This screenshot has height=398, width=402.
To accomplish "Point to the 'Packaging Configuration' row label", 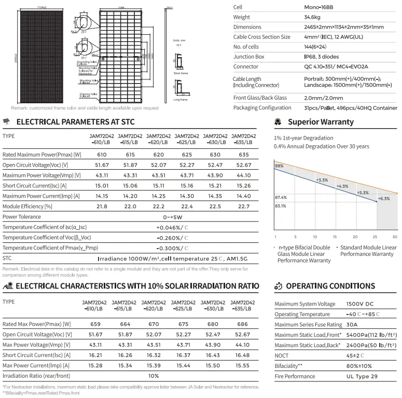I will [x=262, y=107].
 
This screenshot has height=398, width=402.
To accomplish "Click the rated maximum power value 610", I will [x=102, y=155].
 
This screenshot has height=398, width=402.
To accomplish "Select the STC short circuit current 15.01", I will [x=102, y=185].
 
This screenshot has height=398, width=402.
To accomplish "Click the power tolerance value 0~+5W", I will [x=173, y=216].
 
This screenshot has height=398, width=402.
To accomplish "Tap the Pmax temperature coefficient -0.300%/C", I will [x=173, y=248].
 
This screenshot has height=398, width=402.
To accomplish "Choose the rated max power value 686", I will [x=242, y=324].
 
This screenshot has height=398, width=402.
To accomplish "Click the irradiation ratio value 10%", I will [x=154, y=375].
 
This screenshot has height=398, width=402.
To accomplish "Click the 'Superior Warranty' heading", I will [x=320, y=122].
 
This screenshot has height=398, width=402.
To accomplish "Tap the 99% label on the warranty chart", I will [x=279, y=166].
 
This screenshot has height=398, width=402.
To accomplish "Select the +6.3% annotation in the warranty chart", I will [x=384, y=199].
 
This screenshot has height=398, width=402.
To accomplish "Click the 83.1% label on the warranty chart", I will [x=280, y=206].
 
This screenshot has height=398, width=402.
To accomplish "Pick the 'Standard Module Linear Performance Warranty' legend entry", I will [x=367, y=251].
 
